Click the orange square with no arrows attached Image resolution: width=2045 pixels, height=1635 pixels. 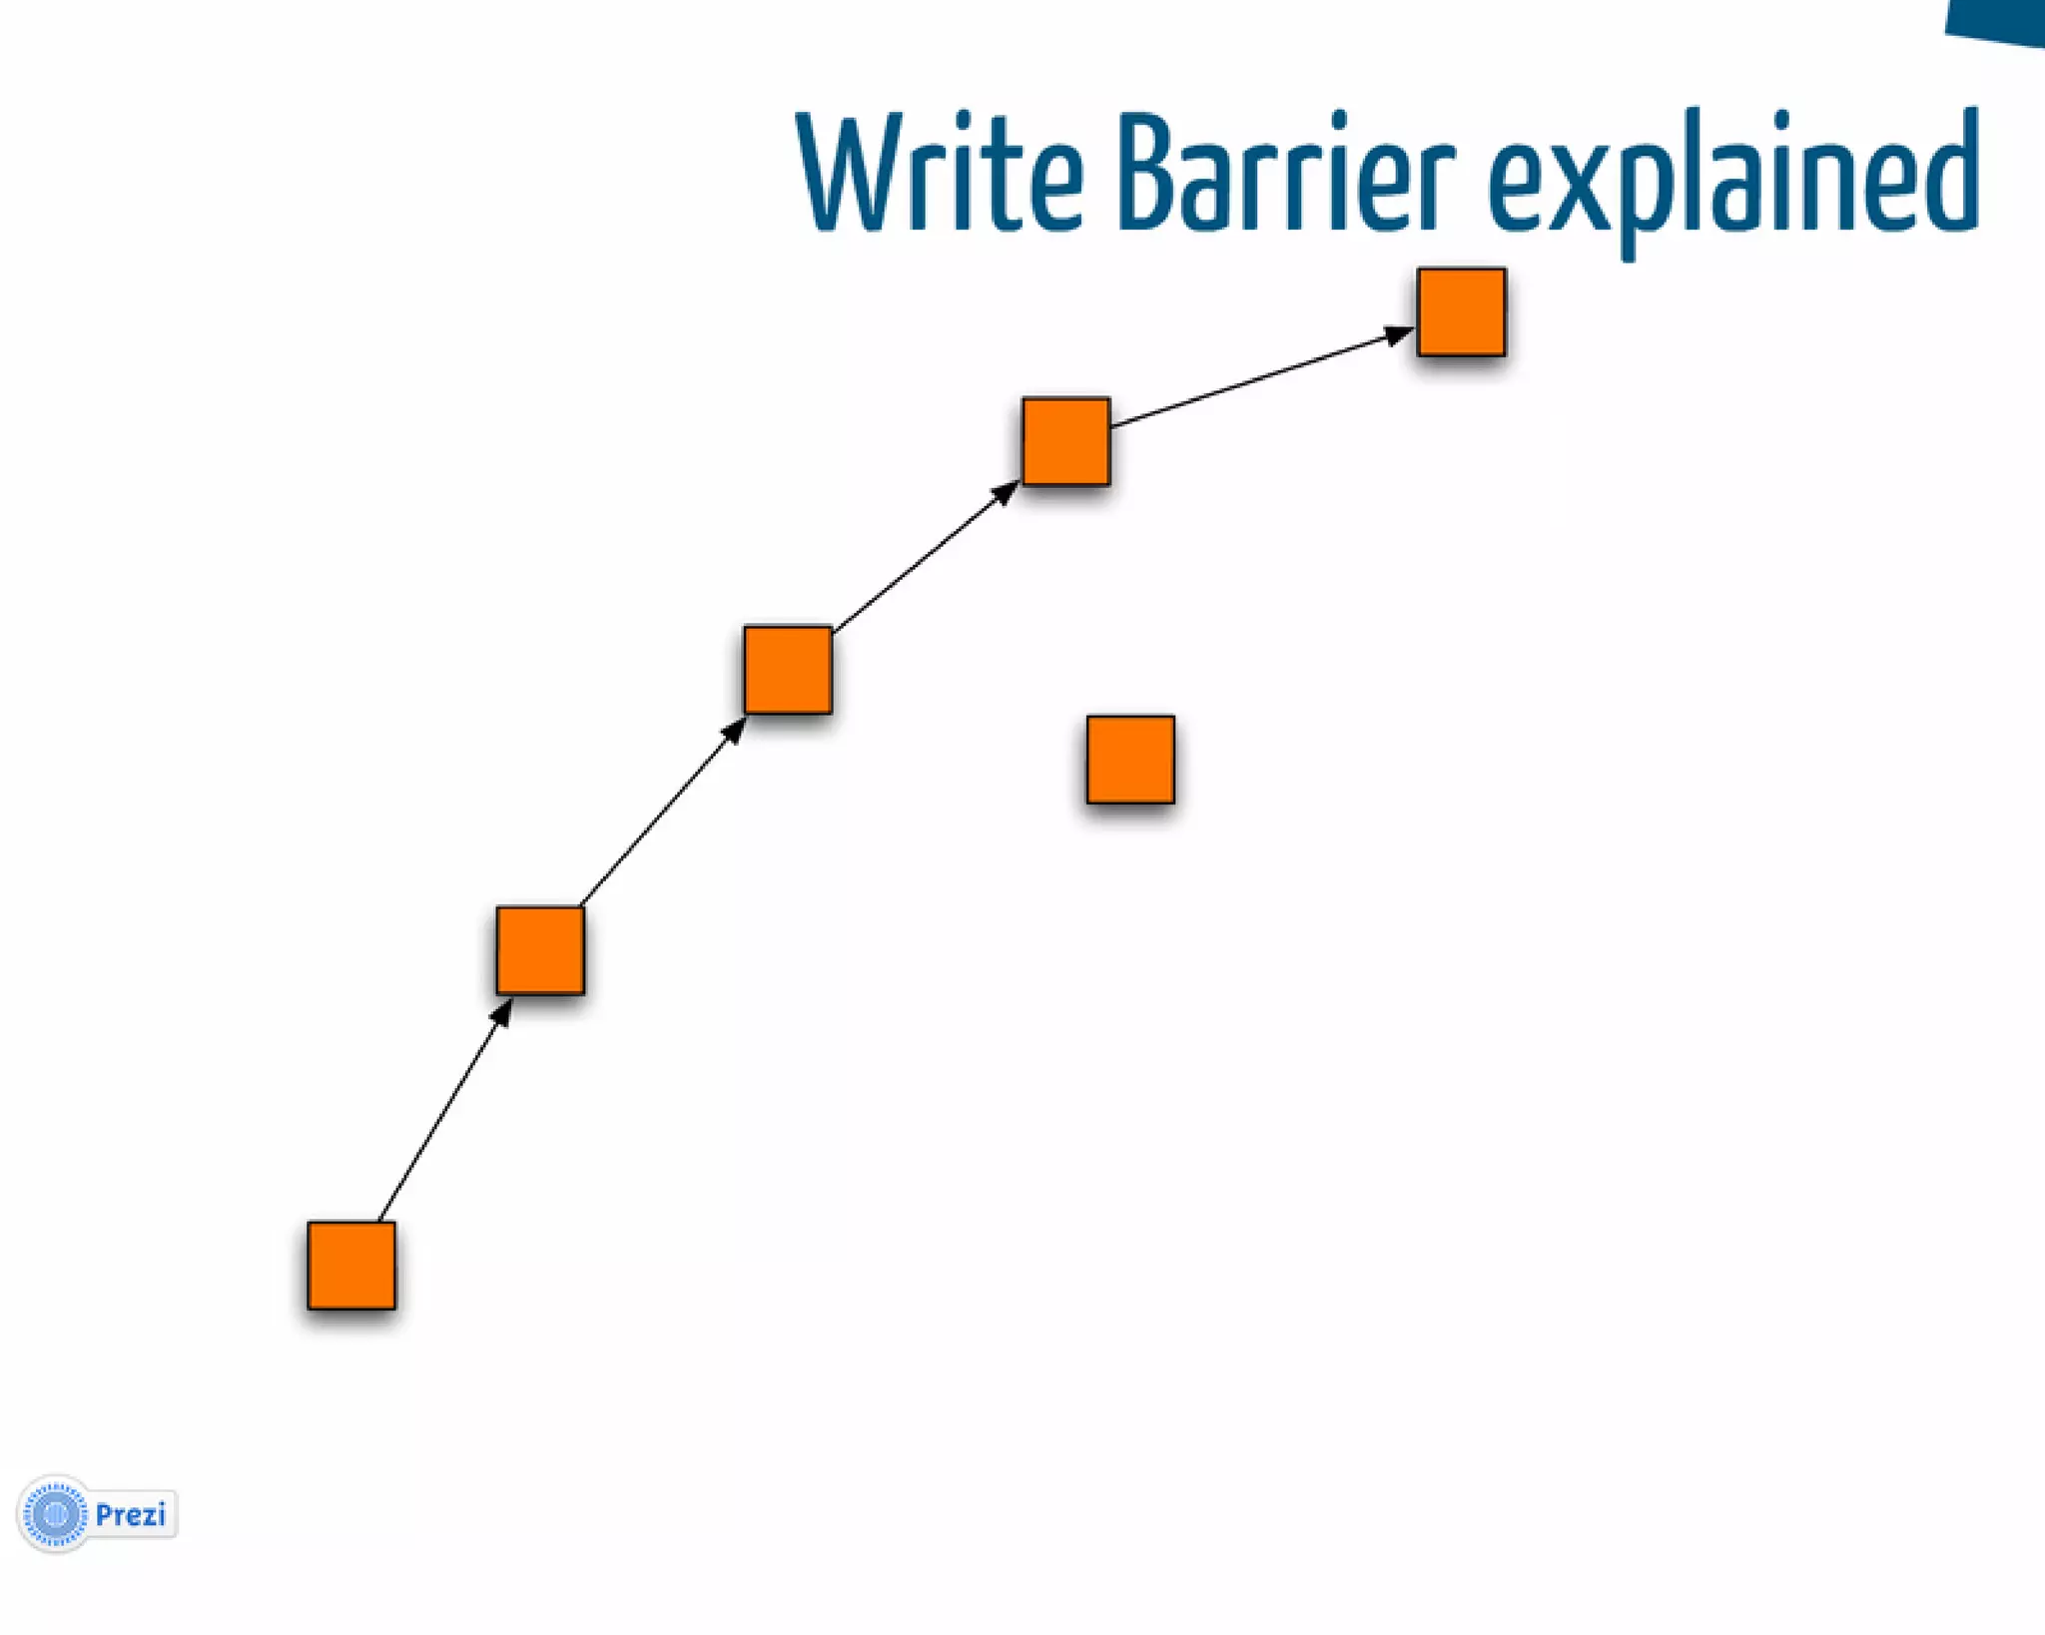[1130, 760]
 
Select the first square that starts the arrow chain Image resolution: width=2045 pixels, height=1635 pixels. [351, 1265]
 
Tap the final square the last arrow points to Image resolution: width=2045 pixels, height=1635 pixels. [1461, 311]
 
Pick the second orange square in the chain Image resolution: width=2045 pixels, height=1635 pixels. [540, 950]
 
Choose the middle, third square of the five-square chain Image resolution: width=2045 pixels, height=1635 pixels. [788, 670]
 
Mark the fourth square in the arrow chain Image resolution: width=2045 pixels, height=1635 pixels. [1065, 441]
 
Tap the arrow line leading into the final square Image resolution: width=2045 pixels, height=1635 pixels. [1258, 378]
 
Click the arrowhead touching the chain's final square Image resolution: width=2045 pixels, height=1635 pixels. [1399, 334]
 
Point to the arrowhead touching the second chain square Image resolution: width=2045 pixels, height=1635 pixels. [502, 1012]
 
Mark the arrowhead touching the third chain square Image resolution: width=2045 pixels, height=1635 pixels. [734, 731]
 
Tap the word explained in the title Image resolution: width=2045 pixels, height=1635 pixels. [1732, 180]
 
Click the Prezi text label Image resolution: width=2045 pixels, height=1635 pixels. [131, 1515]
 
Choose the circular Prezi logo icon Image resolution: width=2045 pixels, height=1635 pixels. [56, 1514]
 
